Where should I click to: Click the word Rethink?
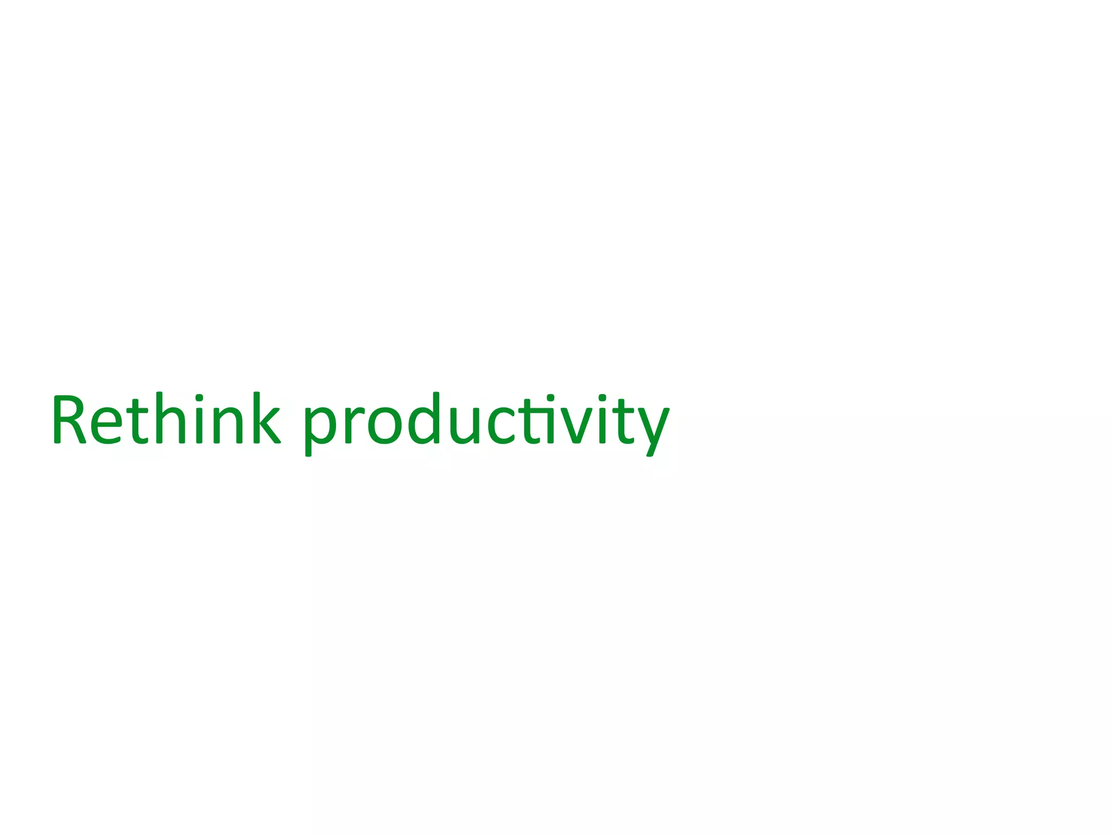coord(166,419)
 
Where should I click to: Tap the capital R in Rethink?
coord(69,419)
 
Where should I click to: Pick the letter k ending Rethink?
coord(267,419)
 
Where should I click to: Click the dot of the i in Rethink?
coord(199,397)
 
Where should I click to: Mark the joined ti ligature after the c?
coord(538,421)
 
